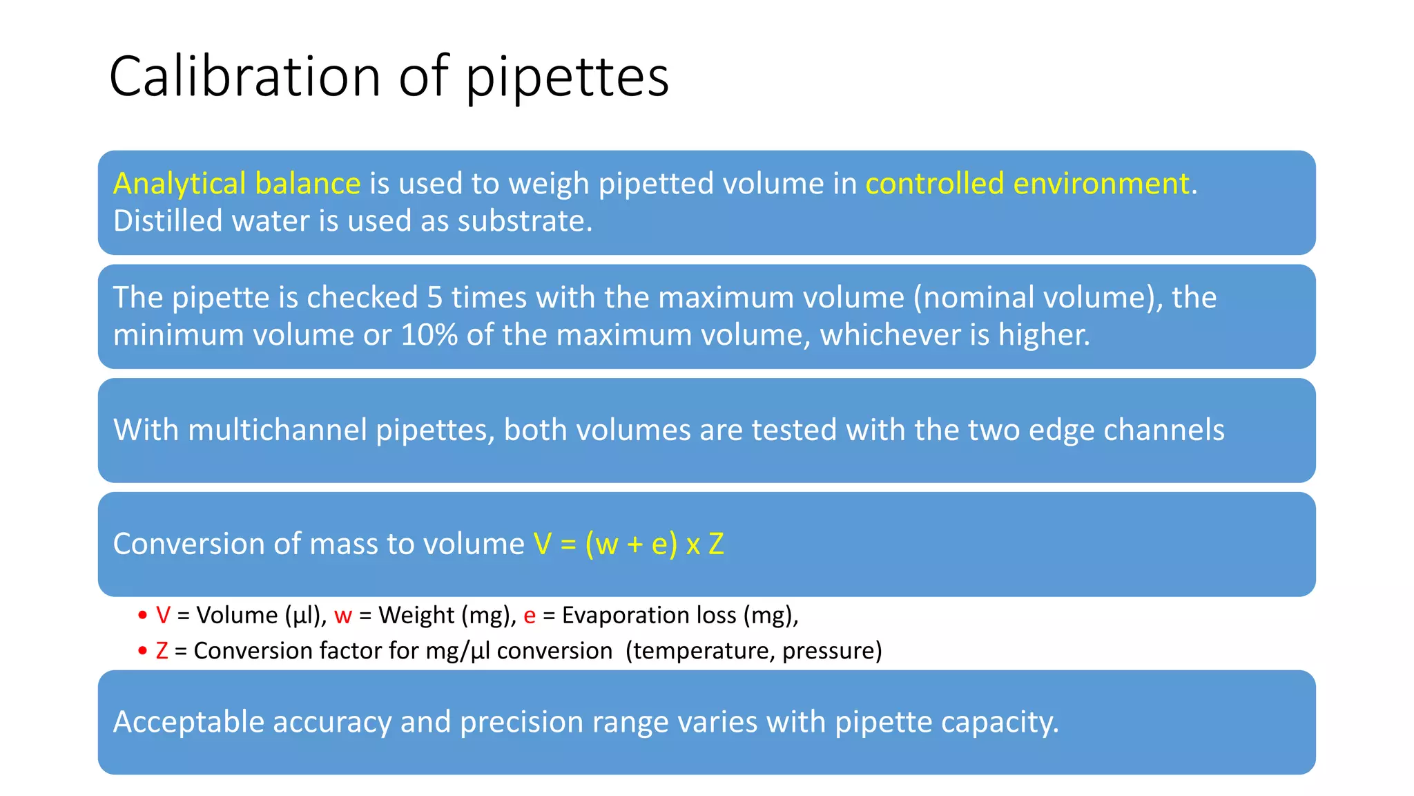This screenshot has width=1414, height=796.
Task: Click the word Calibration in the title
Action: click(245, 76)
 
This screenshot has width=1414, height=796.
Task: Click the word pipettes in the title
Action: click(568, 77)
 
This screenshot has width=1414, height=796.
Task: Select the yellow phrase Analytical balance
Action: click(237, 184)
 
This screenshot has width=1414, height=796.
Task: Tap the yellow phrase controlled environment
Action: click(1027, 184)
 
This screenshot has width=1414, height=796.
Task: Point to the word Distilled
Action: click(168, 221)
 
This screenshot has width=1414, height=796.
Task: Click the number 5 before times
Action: click(434, 298)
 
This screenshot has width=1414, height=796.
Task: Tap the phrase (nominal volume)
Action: click(1038, 298)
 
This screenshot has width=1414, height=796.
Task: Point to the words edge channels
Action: click(1126, 430)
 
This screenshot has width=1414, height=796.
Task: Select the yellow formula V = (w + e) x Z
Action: click(628, 544)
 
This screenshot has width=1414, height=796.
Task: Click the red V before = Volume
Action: click(163, 615)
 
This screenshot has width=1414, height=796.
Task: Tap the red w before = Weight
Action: click(343, 616)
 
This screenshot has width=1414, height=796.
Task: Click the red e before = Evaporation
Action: click(530, 616)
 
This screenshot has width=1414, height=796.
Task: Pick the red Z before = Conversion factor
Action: click(162, 651)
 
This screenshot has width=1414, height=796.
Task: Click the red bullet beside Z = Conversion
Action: click(142, 651)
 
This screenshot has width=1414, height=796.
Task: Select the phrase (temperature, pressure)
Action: click(753, 651)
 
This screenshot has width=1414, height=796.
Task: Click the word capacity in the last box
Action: click(999, 723)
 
